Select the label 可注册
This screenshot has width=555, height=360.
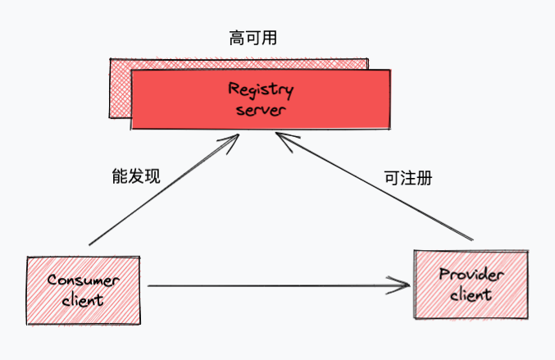pyautogui.click(x=407, y=177)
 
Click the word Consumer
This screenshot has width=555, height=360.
pyautogui.click(x=82, y=280)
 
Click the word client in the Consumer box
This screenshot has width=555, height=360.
pyautogui.click(x=82, y=299)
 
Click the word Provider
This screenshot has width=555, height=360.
pyautogui.click(x=471, y=275)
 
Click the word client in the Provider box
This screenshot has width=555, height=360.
pyautogui.click(x=471, y=294)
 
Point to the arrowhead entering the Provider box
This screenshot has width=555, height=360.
pyautogui.click(x=405, y=286)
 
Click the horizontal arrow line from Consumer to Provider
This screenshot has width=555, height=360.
pyautogui.click(x=271, y=286)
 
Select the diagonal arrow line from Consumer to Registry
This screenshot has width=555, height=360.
pyautogui.click(x=160, y=193)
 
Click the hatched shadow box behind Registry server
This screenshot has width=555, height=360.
pyautogui.click(x=119, y=90)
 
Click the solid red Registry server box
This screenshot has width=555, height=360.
pyautogui.click(x=344, y=98)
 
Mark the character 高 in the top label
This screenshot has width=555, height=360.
pyautogui.click(x=236, y=38)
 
